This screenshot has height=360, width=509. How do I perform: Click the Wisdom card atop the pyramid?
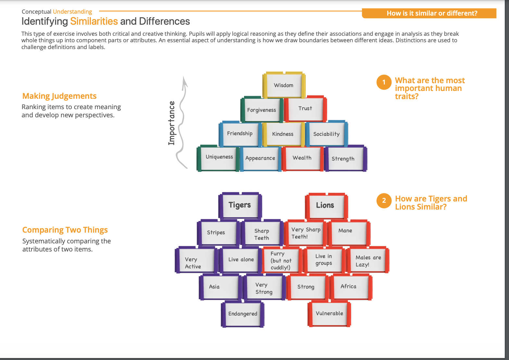pyautogui.click(x=284, y=85)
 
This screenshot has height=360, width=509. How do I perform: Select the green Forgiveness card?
pyautogui.click(x=262, y=110)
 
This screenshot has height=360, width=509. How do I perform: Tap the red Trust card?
pyautogui.click(x=305, y=109)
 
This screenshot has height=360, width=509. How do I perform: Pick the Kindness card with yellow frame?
pyautogui.click(x=283, y=134)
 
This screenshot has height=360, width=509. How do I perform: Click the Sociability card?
pyautogui.click(x=326, y=134)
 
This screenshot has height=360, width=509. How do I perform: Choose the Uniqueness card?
pyautogui.click(x=219, y=157)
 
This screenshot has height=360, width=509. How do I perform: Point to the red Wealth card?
pyautogui.click(x=302, y=158)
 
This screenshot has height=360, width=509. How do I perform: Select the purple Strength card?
pyautogui.click(x=343, y=159)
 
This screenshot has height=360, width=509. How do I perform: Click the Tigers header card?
pyautogui.click(x=240, y=205)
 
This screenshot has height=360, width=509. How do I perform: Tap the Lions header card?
pyautogui.click(x=325, y=205)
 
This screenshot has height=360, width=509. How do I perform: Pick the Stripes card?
pyautogui.click(x=216, y=232)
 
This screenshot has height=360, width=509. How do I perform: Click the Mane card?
pyautogui.click(x=345, y=231)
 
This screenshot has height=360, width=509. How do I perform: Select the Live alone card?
pyautogui.click(x=241, y=260)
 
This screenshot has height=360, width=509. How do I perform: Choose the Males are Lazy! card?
pyautogui.click(x=368, y=261)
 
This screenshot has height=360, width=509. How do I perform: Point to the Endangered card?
pyautogui.click(x=242, y=314)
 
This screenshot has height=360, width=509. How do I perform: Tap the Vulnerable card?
pyautogui.click(x=329, y=313)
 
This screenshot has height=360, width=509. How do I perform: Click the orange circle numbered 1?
pyautogui.click(x=384, y=82)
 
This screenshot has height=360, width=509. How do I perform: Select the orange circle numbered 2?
pyautogui.click(x=384, y=200)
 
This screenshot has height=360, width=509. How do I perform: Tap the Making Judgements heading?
pyautogui.click(x=59, y=96)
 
